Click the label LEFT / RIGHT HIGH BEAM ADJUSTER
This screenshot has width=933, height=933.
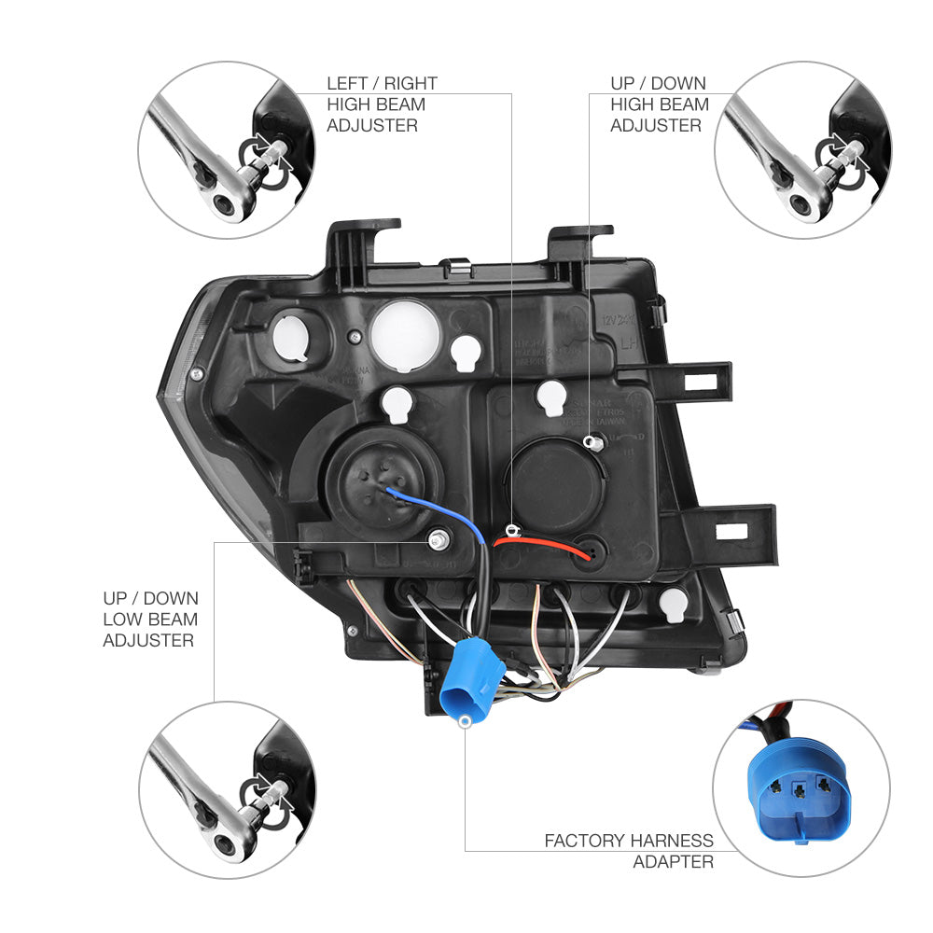382,104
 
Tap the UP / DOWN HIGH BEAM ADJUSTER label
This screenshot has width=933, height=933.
660,104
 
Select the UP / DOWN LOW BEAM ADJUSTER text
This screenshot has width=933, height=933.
150,620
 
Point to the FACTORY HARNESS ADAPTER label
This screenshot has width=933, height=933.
629,851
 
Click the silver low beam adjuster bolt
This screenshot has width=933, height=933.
438,539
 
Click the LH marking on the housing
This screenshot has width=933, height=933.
632,342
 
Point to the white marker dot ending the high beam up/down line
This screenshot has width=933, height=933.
588,440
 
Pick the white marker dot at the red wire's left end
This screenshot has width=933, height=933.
511,530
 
